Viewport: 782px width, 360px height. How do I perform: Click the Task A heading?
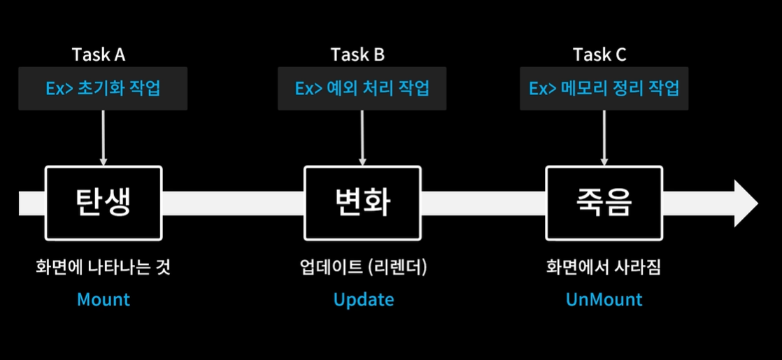pos(99,55)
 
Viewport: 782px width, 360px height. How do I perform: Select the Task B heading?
pos(357,55)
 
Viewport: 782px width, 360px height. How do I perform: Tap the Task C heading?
pos(599,55)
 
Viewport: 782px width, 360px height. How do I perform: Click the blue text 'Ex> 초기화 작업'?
pos(102,89)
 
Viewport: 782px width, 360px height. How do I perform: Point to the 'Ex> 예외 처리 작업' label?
pos(362,89)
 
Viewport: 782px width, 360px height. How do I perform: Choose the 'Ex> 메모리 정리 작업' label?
pos(604,89)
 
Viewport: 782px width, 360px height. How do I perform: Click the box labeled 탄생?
pos(104,202)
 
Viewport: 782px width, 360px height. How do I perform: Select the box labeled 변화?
pos(362,202)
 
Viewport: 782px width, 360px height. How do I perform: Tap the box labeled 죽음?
pos(604,202)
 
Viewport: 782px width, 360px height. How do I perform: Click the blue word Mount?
pos(104,300)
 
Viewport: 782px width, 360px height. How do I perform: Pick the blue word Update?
pos(364,300)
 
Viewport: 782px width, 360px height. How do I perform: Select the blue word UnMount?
pos(604,300)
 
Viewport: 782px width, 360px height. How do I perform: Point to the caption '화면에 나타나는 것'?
pos(104,268)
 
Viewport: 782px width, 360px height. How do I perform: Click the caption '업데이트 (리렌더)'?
pos(362,268)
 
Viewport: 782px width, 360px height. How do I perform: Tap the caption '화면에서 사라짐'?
pos(604,268)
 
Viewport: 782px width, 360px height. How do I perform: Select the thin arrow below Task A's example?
pos(103,138)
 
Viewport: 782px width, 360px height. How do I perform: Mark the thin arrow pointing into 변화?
pos(362,138)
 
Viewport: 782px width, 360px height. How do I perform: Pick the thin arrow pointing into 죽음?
pos(604,138)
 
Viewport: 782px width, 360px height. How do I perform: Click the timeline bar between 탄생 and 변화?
pos(233,203)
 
